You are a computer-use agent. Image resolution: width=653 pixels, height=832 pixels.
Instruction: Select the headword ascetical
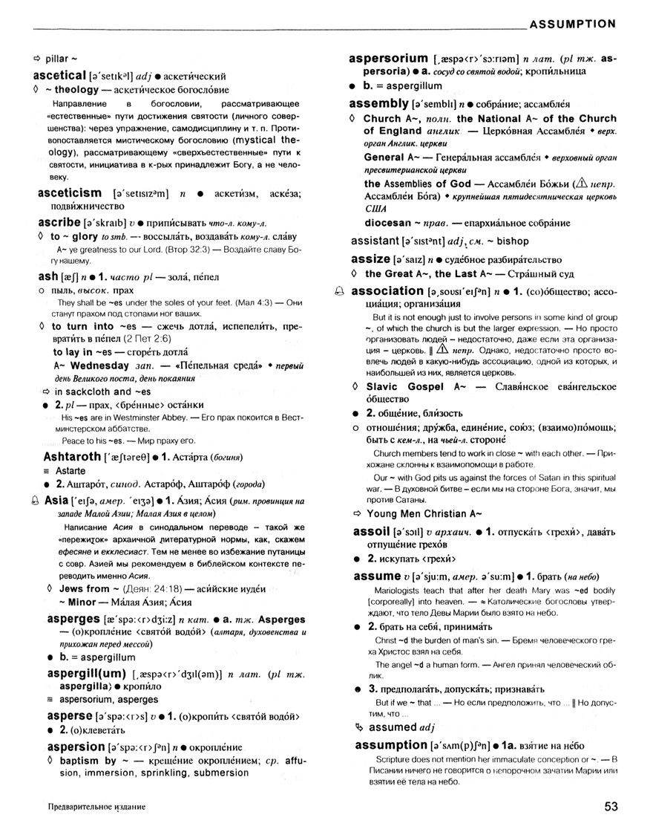click(60, 76)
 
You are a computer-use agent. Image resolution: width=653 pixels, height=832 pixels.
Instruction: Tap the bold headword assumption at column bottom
click(390, 744)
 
